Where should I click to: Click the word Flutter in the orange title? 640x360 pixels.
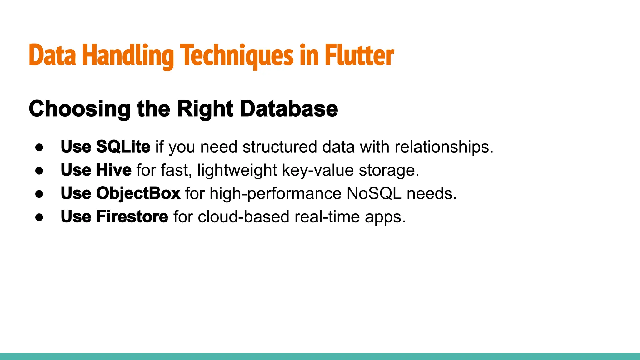(x=359, y=56)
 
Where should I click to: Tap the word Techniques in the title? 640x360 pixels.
(x=237, y=56)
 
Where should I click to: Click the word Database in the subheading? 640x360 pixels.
(x=289, y=109)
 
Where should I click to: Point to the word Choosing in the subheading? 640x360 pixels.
(x=80, y=109)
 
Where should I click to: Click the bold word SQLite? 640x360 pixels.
(x=123, y=147)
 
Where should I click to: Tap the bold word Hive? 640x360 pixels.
(x=114, y=170)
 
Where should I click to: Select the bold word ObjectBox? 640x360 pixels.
(x=138, y=193)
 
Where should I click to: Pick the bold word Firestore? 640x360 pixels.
(x=132, y=217)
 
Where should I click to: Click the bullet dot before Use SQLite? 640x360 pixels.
(x=39, y=147)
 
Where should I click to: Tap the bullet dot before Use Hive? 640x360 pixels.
(x=39, y=171)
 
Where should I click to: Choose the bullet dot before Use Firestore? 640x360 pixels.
(x=39, y=217)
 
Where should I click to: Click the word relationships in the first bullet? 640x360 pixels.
(x=443, y=147)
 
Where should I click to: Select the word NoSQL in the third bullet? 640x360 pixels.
(x=374, y=193)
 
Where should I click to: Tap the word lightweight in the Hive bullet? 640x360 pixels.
(x=237, y=170)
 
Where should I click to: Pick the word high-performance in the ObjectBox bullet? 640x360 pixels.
(x=275, y=193)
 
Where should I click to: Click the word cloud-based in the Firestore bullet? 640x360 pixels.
(x=243, y=217)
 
